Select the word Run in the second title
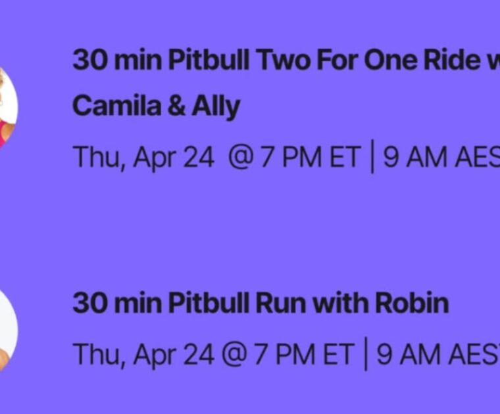pyautogui.click(x=281, y=303)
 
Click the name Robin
pyautogui.click(x=412, y=303)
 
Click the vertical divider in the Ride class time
pyautogui.click(x=372, y=158)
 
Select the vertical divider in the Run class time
pyautogui.click(x=366, y=355)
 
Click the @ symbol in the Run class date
pyautogui.click(x=236, y=355)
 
